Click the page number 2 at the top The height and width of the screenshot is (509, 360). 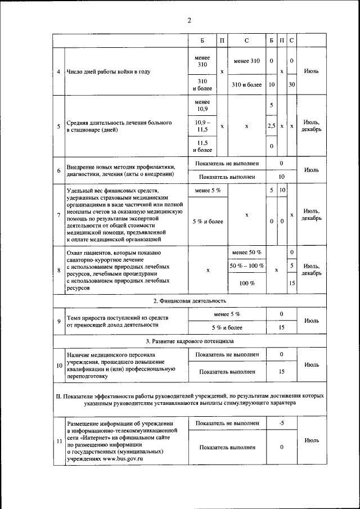coord(190,21)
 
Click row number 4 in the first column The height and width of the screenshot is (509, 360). coord(59,72)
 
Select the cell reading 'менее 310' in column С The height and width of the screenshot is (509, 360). coord(246,61)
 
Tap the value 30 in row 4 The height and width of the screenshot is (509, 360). coord(291,84)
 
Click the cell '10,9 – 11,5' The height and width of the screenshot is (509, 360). coord(202,126)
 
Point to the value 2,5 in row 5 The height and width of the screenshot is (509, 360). coord(272,126)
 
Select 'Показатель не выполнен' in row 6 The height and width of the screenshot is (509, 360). coord(227,164)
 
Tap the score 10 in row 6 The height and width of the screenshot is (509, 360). coord(281,177)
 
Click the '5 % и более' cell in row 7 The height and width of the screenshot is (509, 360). coord(208,221)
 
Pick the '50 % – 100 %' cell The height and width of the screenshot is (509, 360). coord(247,265)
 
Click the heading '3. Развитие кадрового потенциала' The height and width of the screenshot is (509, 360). coord(190,341)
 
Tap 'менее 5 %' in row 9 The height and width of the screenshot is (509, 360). coord(227,313)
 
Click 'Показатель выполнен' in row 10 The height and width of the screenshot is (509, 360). coord(227,372)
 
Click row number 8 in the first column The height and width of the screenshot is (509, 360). coord(59,271)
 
